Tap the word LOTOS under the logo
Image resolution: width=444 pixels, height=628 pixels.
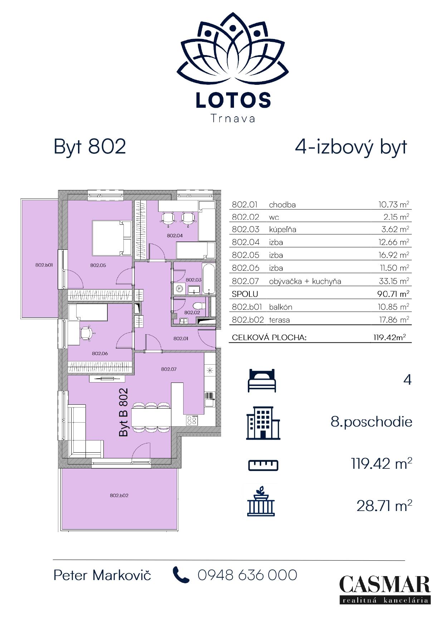[x=233, y=100]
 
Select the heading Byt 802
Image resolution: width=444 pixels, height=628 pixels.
[x=90, y=147]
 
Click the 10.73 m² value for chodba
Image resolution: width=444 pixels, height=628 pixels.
[x=394, y=205]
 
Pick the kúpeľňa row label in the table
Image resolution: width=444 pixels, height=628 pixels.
[x=283, y=229]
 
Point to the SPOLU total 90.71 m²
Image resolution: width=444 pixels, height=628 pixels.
[x=393, y=294]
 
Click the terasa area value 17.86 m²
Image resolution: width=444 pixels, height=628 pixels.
[x=394, y=320]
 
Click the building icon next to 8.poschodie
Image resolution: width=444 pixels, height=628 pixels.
[x=263, y=423]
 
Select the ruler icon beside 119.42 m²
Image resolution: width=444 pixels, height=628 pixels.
[x=263, y=465]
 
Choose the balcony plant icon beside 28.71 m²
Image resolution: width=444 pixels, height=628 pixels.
[x=261, y=501]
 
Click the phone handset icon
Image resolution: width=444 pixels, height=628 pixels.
[x=181, y=575]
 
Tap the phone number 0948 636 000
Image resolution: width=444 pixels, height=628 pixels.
[x=248, y=575]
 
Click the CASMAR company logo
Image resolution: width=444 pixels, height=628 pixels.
[x=385, y=590]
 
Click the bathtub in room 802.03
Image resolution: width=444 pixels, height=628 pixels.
[x=209, y=279]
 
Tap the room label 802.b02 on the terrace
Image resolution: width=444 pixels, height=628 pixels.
[x=119, y=495]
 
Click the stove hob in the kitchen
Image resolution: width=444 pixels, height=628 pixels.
[x=192, y=420]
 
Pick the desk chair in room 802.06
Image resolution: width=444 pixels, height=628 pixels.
[x=86, y=333]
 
